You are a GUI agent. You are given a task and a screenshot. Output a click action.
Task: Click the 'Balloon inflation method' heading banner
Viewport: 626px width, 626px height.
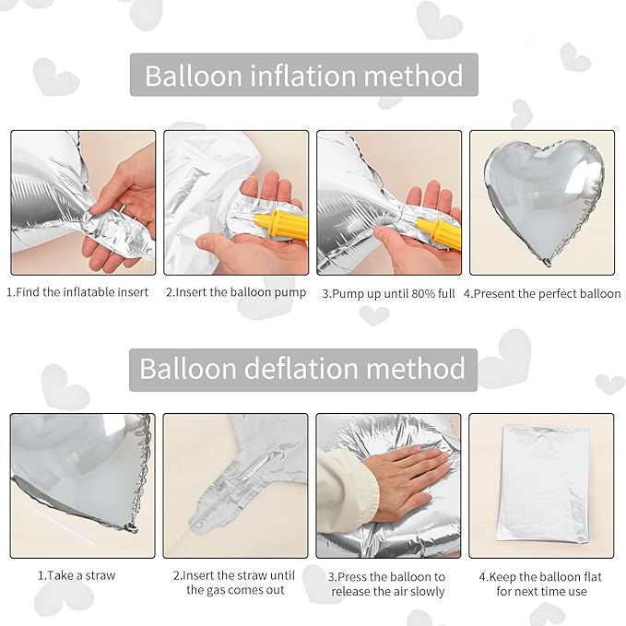[x=303, y=75]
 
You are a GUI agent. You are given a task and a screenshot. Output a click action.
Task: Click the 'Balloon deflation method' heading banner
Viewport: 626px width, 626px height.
[x=302, y=369]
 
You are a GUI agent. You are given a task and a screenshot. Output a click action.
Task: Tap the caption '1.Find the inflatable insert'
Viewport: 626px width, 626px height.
[x=77, y=293]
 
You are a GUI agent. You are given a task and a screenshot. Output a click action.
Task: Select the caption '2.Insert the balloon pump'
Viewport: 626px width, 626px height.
[x=235, y=293]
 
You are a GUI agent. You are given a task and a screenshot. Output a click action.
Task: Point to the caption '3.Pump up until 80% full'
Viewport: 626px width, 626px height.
[x=388, y=293]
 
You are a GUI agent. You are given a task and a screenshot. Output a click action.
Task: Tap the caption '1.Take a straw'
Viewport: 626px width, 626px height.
[x=77, y=575]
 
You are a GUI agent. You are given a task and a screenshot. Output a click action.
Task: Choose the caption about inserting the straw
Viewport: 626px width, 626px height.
[x=235, y=583]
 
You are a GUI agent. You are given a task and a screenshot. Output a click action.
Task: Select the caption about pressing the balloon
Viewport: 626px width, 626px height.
[x=388, y=583]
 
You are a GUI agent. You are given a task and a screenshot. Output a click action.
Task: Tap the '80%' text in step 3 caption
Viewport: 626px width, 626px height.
[x=417, y=293]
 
